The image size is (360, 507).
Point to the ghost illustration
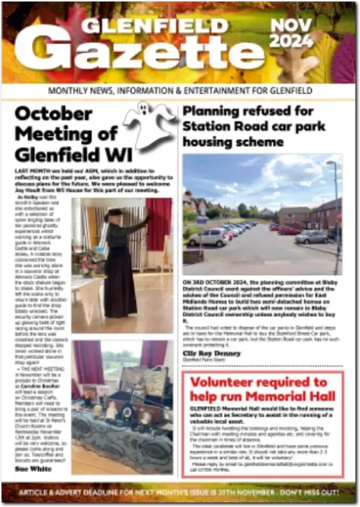click(x=149, y=124)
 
